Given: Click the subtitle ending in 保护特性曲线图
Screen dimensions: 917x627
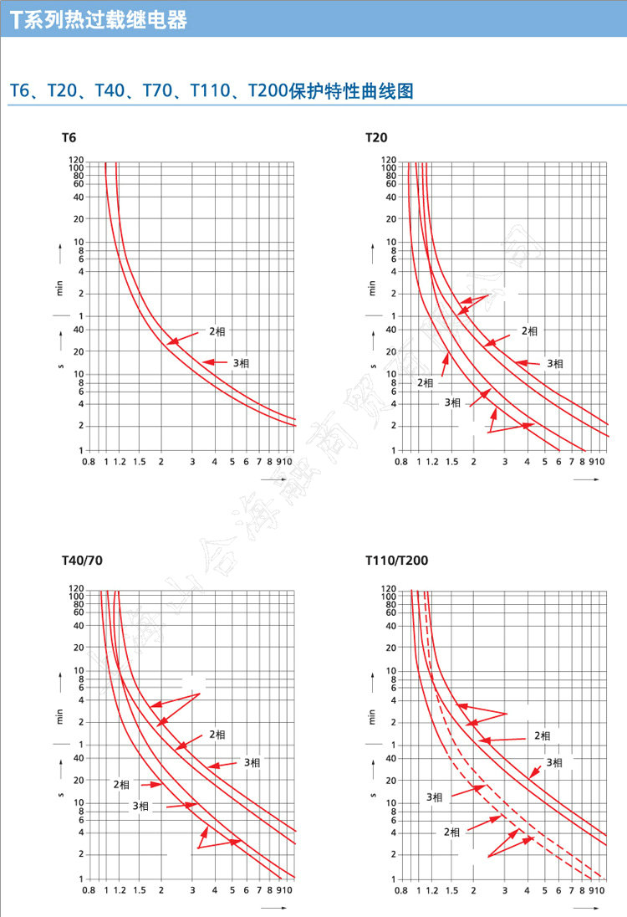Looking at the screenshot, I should coord(212,90).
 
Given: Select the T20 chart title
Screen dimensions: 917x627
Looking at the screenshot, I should coord(376,137).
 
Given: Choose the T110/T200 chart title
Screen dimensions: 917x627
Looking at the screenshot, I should coord(396,561).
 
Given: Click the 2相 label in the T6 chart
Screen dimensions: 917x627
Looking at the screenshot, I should coord(217,331).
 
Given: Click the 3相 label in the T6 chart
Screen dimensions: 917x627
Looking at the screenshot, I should coord(241,363).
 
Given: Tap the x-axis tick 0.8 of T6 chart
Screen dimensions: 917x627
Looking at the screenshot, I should coord(87,462).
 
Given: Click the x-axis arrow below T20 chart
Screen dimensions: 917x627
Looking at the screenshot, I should coord(586,479).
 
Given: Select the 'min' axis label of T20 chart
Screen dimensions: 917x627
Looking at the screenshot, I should coord(371,288).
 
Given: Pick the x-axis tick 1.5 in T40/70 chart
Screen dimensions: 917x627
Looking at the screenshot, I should coord(139,890).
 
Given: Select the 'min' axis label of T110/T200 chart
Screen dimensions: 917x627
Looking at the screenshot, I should coord(371,716).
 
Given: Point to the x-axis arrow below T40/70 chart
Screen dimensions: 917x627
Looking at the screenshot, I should coord(273,907).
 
